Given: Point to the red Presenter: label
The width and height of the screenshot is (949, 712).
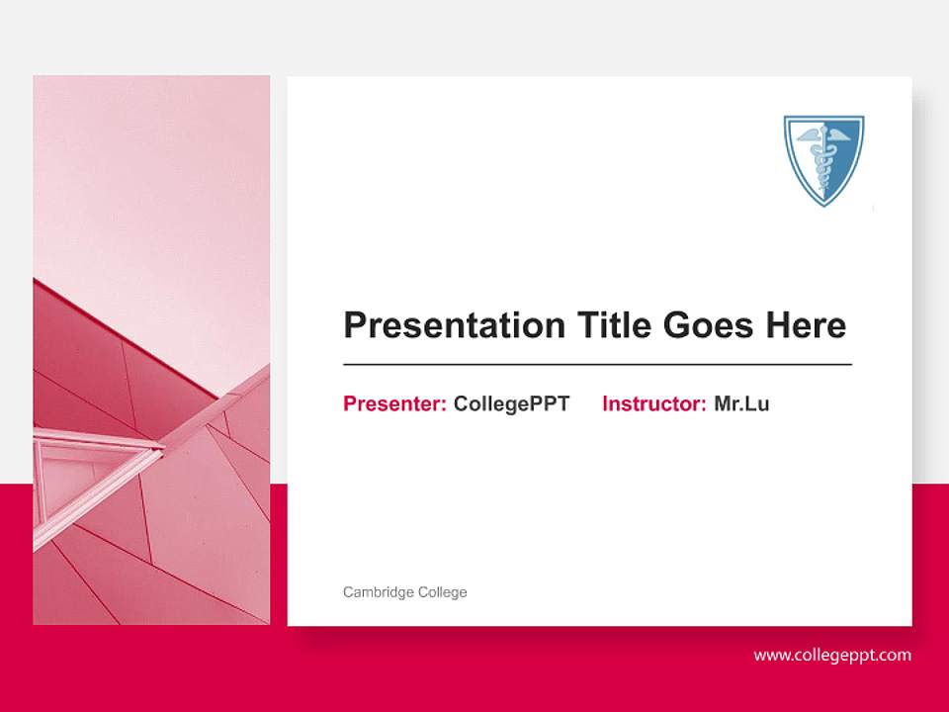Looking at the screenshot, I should point(394,403).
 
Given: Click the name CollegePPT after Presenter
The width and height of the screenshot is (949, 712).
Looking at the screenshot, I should point(511,403).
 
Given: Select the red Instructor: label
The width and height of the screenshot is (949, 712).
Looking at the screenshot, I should point(653,403).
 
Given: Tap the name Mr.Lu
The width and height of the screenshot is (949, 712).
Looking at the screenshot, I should point(741,403).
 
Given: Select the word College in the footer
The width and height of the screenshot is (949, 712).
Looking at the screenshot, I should point(442,592).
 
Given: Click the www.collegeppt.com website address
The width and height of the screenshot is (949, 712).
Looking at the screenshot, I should point(832,655).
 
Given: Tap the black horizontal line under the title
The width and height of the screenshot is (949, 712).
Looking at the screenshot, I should point(597,365).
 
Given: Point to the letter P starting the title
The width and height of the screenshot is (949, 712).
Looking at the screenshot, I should point(354,325).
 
